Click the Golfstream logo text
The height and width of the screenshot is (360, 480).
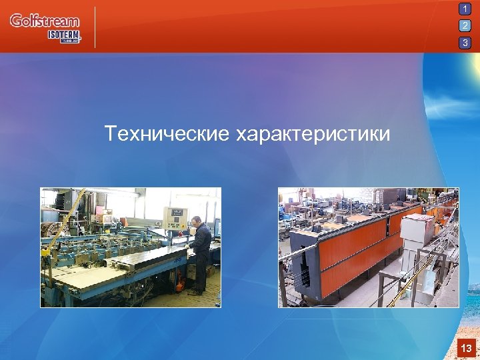pos(44,21)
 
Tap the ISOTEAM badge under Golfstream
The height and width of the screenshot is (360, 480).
pos(64,36)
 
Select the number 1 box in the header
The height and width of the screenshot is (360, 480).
pos(465,9)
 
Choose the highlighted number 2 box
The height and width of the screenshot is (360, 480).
pos(465,26)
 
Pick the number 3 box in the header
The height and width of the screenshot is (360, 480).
pos(465,43)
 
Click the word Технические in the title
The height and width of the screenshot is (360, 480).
pos(167,134)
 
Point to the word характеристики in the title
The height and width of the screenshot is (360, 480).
pos(313,134)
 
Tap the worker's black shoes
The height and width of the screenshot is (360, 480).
pos(195,291)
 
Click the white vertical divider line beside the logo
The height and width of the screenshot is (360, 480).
pos(96,27)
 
